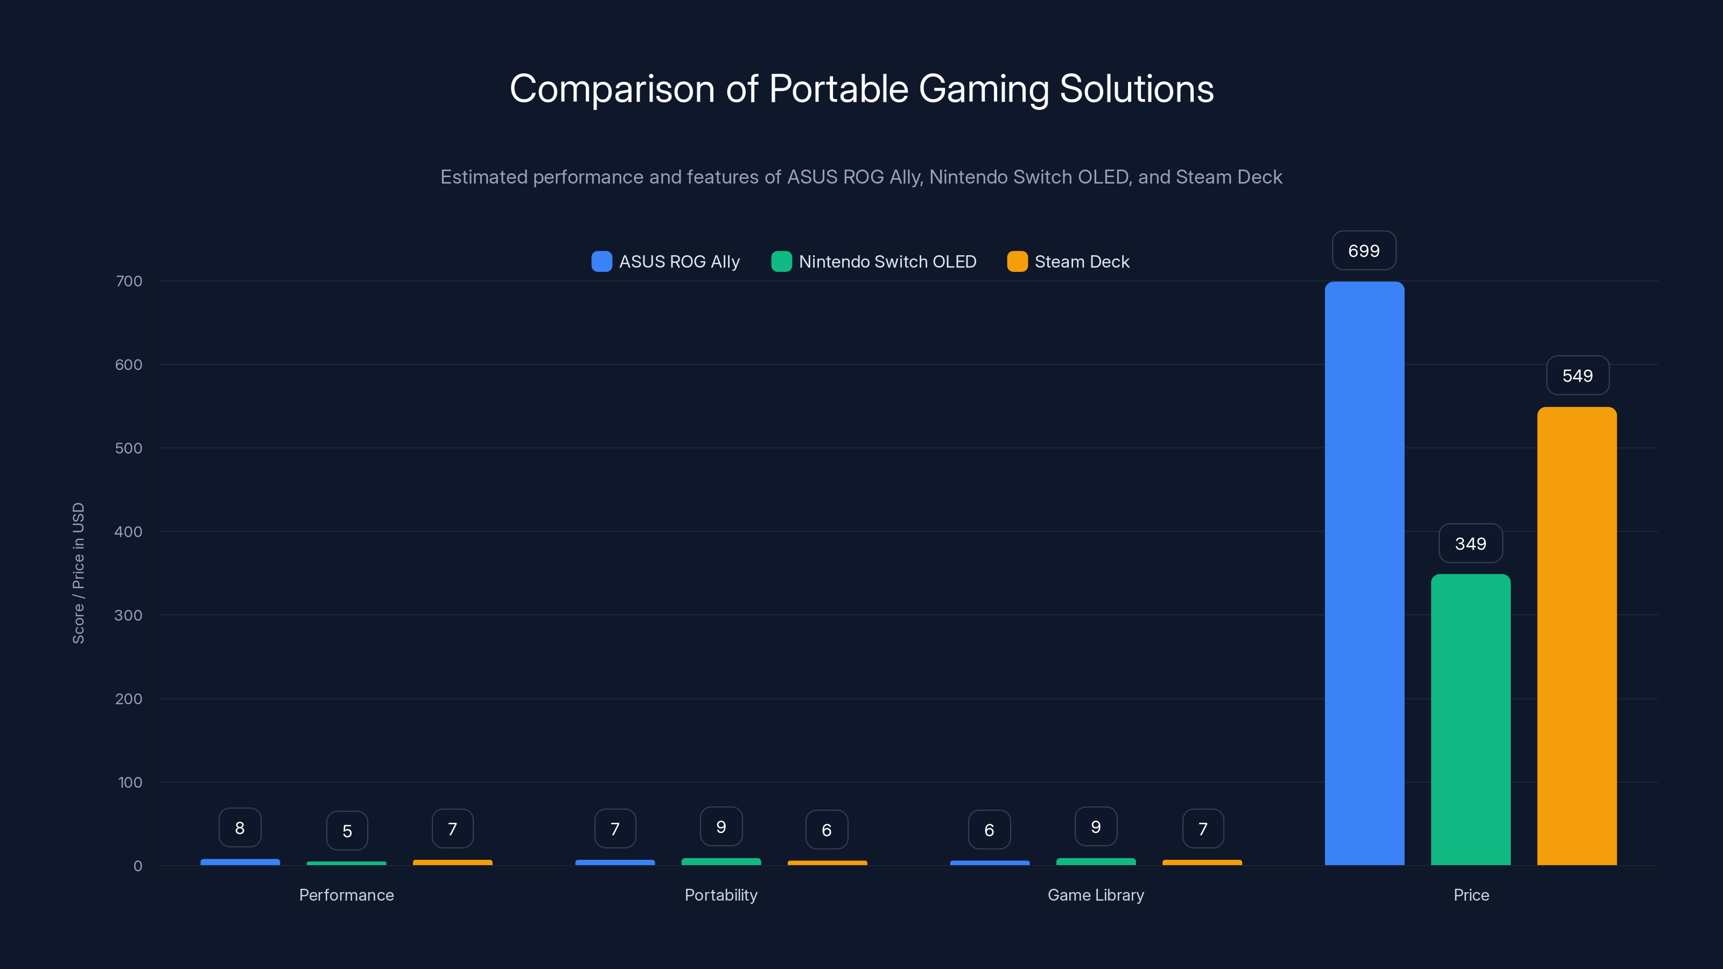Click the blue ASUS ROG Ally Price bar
pos(1364,573)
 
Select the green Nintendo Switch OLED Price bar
pos(1470,720)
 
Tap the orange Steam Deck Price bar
pos(1577,636)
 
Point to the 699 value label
pos(1364,251)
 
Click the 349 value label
pos(1470,544)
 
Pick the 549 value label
pos(1577,376)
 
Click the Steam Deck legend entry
pos(1068,262)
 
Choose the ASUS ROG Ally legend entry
pos(666,262)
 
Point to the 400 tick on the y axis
pos(129,532)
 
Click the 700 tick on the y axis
pos(129,281)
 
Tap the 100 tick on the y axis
pos(130,782)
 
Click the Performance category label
pos(346,895)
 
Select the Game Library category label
pos(1096,895)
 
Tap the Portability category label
pos(721,895)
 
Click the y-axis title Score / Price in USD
pos(78,573)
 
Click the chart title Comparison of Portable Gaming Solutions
pos(861,89)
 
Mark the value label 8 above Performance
pos(240,828)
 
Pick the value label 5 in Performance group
pos(346,831)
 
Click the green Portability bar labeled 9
pos(721,861)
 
